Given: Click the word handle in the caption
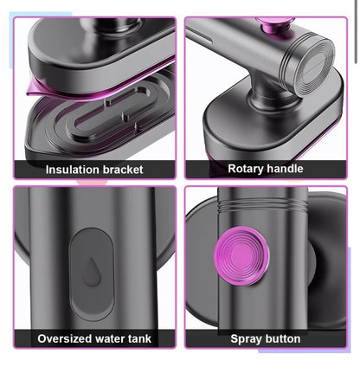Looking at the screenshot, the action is click(x=284, y=169).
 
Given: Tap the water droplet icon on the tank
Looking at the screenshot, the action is click(x=92, y=273).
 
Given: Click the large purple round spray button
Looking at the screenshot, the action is click(x=241, y=256).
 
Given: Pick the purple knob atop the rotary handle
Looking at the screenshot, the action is click(x=275, y=23).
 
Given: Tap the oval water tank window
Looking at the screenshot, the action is click(x=92, y=273).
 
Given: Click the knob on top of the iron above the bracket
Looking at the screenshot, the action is click(x=111, y=24).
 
